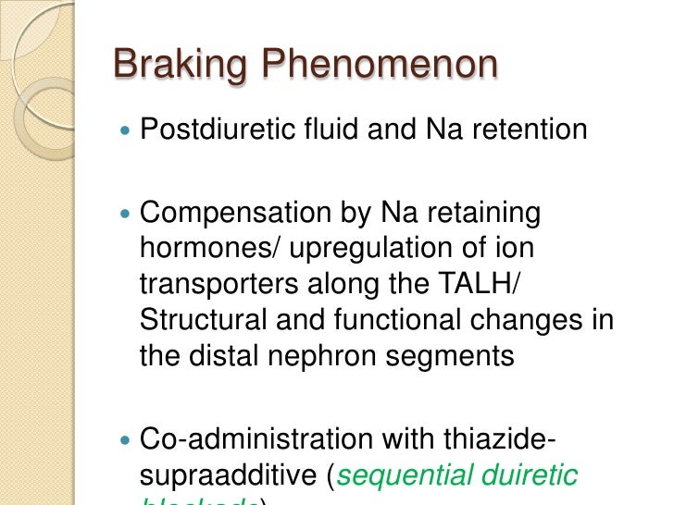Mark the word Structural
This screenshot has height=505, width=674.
pyautogui.click(x=199, y=320)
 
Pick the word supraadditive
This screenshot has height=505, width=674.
pyautogui.click(x=230, y=476)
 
